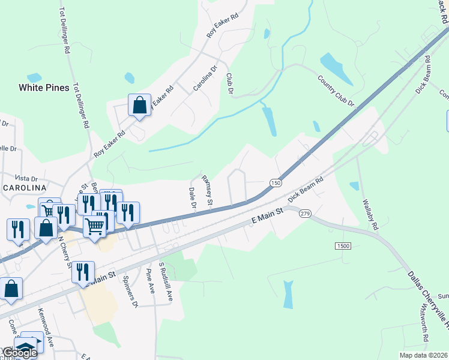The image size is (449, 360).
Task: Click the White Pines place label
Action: click(x=43, y=88)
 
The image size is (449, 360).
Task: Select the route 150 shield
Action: click(x=276, y=182)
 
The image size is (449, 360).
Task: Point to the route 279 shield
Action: click(x=304, y=214)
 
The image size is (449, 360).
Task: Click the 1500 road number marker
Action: click(x=343, y=246)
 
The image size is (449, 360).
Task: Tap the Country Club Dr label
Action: click(x=336, y=91)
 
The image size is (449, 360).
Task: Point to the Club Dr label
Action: click(x=229, y=83)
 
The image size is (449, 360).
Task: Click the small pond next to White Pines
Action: click(x=34, y=77)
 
